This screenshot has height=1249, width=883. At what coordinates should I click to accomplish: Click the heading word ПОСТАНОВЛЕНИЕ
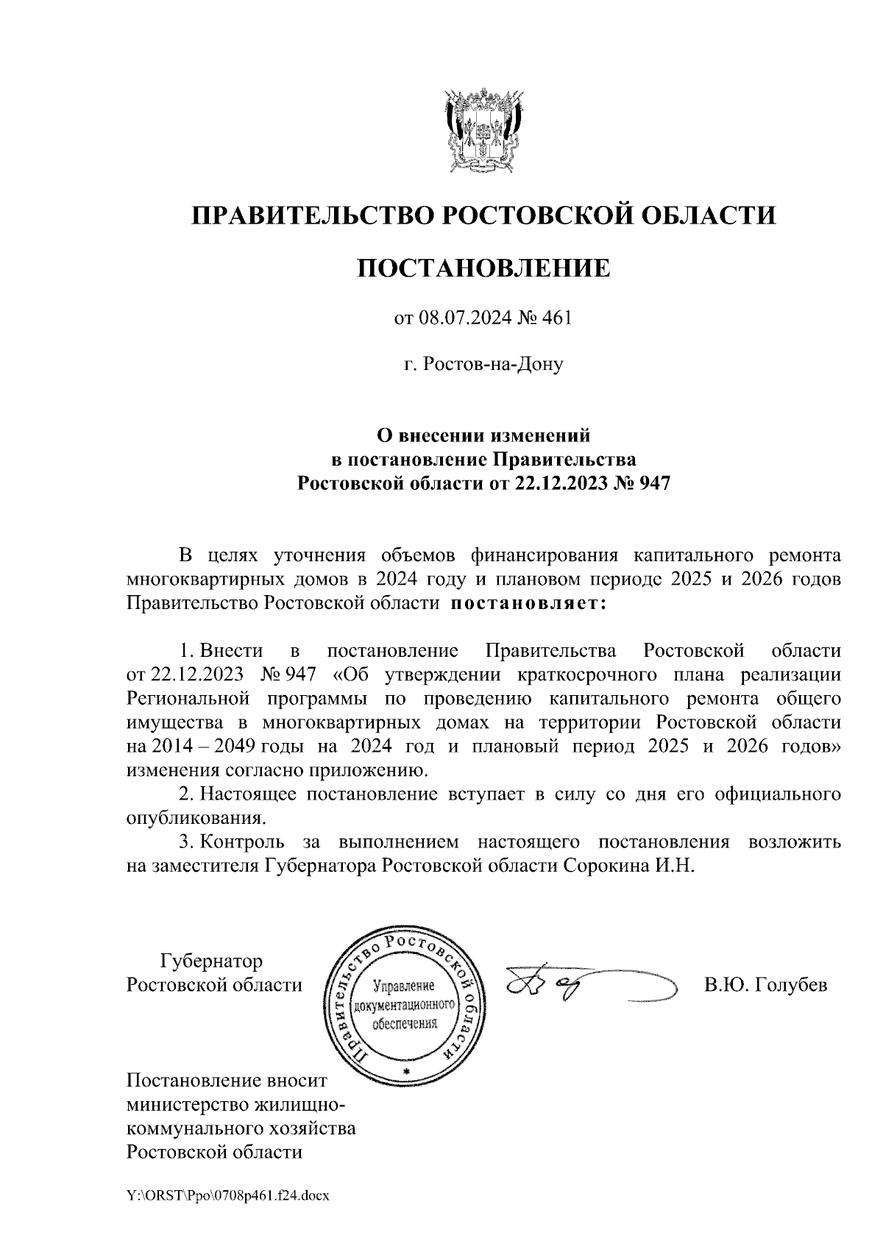click(x=483, y=268)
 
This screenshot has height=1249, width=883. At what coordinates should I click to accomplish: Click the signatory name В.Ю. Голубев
click(x=765, y=985)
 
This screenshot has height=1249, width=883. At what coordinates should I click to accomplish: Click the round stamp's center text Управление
click(x=404, y=986)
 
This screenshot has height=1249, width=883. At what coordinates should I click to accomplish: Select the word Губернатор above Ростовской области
click(x=211, y=961)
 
